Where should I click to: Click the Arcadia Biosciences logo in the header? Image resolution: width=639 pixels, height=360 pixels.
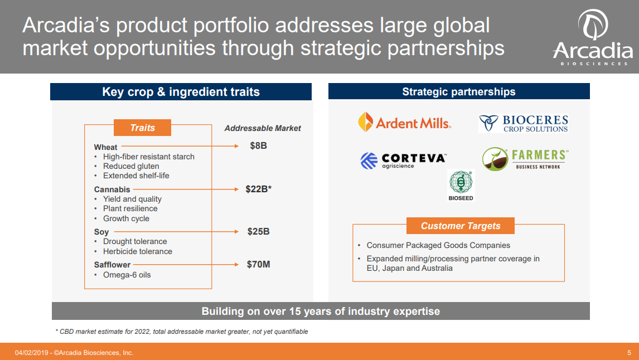(x=592, y=38)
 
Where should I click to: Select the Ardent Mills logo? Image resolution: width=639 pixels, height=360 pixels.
(x=404, y=122)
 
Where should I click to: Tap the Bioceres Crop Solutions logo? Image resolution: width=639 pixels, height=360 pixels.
(x=523, y=123)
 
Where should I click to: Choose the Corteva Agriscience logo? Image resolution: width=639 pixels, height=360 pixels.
(x=403, y=160)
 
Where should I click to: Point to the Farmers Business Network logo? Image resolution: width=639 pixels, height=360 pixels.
(x=525, y=159)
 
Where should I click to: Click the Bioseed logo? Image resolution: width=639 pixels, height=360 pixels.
(x=461, y=186)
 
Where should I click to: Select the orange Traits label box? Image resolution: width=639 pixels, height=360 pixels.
(x=142, y=128)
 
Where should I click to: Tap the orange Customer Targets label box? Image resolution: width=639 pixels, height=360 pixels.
(x=460, y=226)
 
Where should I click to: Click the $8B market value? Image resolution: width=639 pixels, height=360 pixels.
(x=258, y=147)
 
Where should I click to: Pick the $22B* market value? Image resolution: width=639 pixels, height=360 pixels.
(x=258, y=189)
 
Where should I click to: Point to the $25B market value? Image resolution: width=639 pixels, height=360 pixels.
(x=258, y=231)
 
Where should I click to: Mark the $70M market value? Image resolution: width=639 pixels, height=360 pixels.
(x=258, y=264)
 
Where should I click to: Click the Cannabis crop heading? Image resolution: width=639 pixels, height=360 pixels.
(x=112, y=189)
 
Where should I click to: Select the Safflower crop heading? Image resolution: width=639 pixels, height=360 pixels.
(x=112, y=265)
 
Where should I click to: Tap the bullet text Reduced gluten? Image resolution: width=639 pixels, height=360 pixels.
(x=131, y=166)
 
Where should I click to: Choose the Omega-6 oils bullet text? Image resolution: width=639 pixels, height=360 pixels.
(x=127, y=275)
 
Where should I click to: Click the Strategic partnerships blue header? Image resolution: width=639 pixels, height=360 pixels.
(x=459, y=92)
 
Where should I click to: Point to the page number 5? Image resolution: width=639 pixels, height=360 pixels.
(x=629, y=353)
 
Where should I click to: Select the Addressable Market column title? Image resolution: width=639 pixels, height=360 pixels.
(x=262, y=128)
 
